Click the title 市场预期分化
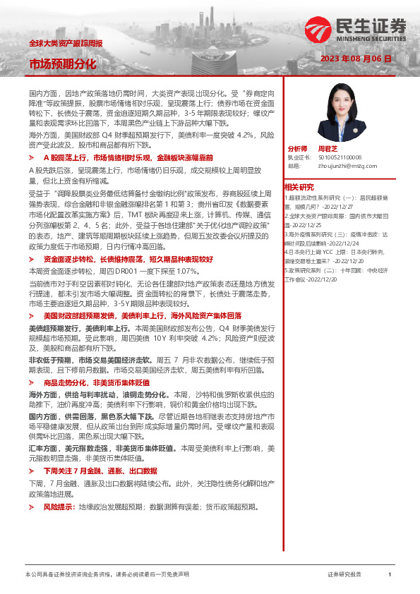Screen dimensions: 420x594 (63, 64)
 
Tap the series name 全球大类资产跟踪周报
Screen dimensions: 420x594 (65, 43)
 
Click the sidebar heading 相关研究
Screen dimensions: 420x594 (299, 186)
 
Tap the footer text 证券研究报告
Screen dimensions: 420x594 (344, 574)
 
